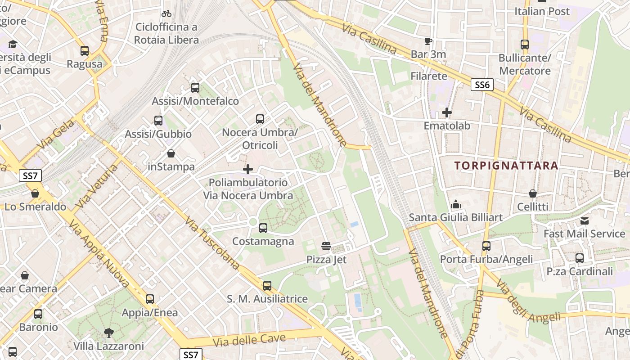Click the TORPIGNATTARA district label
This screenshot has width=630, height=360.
(506, 165)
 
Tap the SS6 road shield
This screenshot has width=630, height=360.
(482, 84)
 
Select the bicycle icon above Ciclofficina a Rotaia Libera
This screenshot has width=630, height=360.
(166, 13)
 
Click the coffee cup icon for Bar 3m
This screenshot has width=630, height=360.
(428, 41)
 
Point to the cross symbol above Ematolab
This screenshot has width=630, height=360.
(446, 112)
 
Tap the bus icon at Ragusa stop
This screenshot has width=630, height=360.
(85, 50)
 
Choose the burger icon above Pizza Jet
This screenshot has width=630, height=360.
(326, 246)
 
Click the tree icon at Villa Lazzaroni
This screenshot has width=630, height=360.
(108, 333)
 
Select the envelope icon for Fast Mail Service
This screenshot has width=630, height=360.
(584, 220)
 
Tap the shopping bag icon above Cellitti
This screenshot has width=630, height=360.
(533, 193)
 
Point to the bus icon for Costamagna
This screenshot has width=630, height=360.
(263, 228)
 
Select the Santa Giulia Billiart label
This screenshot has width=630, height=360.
(455, 217)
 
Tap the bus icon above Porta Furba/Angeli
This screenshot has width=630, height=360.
(486, 246)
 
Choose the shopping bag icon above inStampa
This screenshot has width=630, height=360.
(171, 153)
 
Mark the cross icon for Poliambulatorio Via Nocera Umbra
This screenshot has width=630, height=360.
(247, 169)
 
